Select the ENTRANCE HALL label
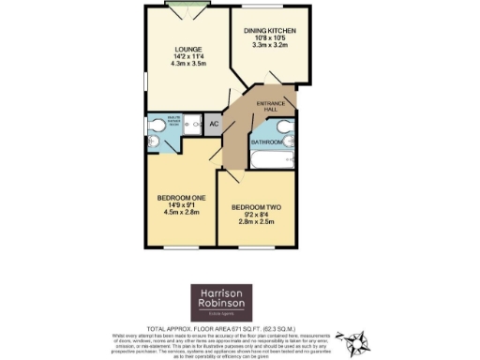point(270,107)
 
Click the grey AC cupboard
point(213,124)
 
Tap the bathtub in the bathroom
point(271,160)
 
